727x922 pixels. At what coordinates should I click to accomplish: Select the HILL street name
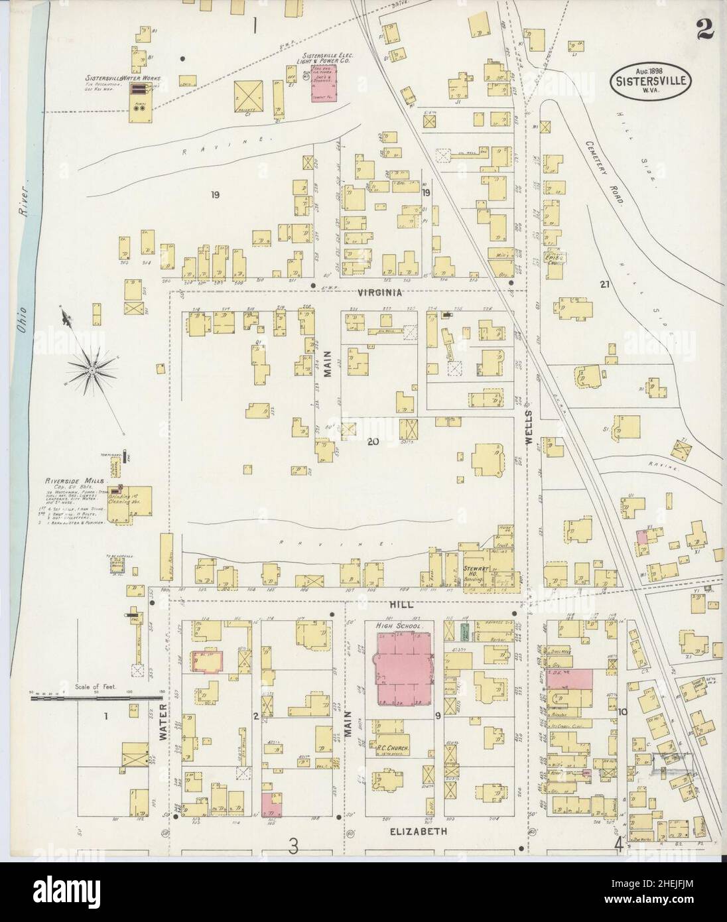tap(403, 605)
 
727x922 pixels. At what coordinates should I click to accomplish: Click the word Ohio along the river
tap(22, 322)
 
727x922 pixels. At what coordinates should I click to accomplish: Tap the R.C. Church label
tap(396, 749)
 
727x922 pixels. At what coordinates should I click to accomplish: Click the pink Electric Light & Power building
tap(324, 84)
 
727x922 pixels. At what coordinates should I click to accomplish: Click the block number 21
tap(604, 285)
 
